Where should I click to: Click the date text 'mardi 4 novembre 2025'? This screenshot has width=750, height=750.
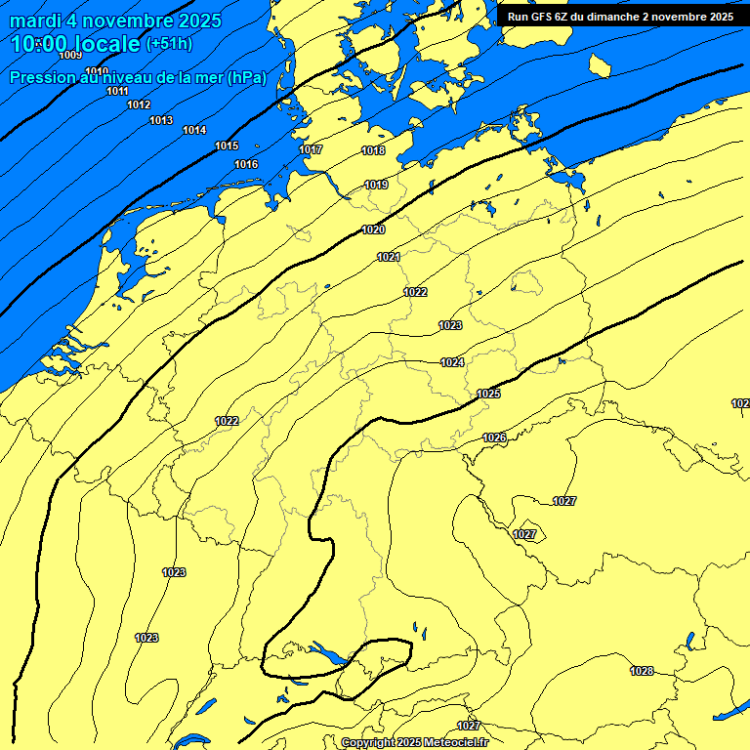[x=115, y=21]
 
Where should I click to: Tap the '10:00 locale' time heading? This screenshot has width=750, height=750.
[x=76, y=44]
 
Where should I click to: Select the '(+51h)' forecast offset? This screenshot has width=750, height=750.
[x=169, y=44]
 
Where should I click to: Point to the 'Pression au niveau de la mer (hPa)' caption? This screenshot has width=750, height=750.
[x=138, y=78]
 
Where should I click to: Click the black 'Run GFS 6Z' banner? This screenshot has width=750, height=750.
[x=621, y=16]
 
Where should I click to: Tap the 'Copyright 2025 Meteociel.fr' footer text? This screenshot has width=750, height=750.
[x=428, y=742]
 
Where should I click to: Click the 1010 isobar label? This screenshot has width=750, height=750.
[x=97, y=71]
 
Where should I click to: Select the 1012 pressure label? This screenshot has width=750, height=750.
[x=139, y=104]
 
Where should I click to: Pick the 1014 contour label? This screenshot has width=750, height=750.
[x=194, y=130]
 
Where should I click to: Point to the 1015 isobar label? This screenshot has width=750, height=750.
[x=227, y=146]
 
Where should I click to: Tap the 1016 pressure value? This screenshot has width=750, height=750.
[x=246, y=164]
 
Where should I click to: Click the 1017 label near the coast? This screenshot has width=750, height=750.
[x=312, y=149]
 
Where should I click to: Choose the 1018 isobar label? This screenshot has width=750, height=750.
[x=373, y=150]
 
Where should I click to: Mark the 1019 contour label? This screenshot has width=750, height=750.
[x=377, y=185]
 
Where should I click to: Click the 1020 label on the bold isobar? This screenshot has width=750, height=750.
[x=373, y=229]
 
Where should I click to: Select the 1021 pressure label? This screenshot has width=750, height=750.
[x=389, y=257]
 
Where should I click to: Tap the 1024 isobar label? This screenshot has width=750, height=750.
[x=452, y=362]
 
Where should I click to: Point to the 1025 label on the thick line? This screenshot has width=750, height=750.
[x=488, y=394]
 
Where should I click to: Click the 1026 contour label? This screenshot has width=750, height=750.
[x=494, y=437]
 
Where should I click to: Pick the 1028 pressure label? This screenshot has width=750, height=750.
[x=642, y=671]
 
